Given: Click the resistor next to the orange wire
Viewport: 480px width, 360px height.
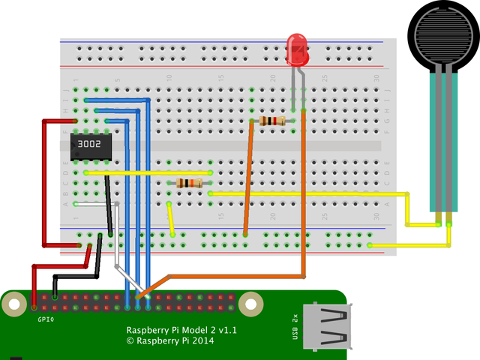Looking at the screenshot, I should pos(271,121).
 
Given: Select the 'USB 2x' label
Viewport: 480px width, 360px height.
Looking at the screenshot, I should pos(296,328).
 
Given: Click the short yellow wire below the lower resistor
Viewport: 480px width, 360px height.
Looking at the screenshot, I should pos(172,220).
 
